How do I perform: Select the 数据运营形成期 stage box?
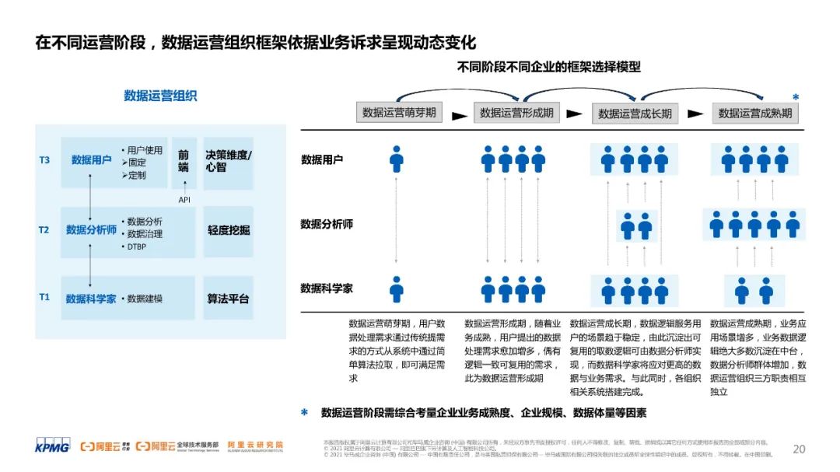pos(516,113)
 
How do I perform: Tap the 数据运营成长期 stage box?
pos(635,114)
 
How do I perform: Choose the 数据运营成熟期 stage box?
pos(754,114)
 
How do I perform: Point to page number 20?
pos(799,449)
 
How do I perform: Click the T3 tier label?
pos(44,160)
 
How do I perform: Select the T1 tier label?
pos(44,297)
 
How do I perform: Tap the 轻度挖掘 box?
pos(229,230)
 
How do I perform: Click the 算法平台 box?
pos(229,299)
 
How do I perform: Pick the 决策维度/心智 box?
pos(229,161)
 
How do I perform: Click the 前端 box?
pos(184,161)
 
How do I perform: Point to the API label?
pos(184,200)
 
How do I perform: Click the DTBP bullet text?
pos(135,247)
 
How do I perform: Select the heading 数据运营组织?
pos(160,96)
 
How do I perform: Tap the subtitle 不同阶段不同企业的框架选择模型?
pos(548,67)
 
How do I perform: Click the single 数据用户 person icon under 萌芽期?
pos(397,159)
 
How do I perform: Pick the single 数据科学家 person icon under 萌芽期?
pos(397,289)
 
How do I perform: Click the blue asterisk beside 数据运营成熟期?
pos(796,98)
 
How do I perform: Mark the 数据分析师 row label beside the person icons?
pos(327,224)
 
